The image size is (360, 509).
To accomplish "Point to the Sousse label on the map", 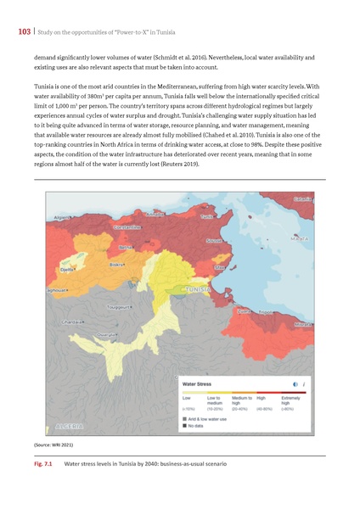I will pyautogui.click(x=217, y=241).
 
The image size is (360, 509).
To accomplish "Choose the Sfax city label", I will pyautogui.click(x=220, y=267).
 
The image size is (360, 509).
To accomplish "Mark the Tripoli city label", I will pyautogui.click(x=269, y=310).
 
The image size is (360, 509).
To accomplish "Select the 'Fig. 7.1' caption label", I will pyautogui.click(x=42, y=464).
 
